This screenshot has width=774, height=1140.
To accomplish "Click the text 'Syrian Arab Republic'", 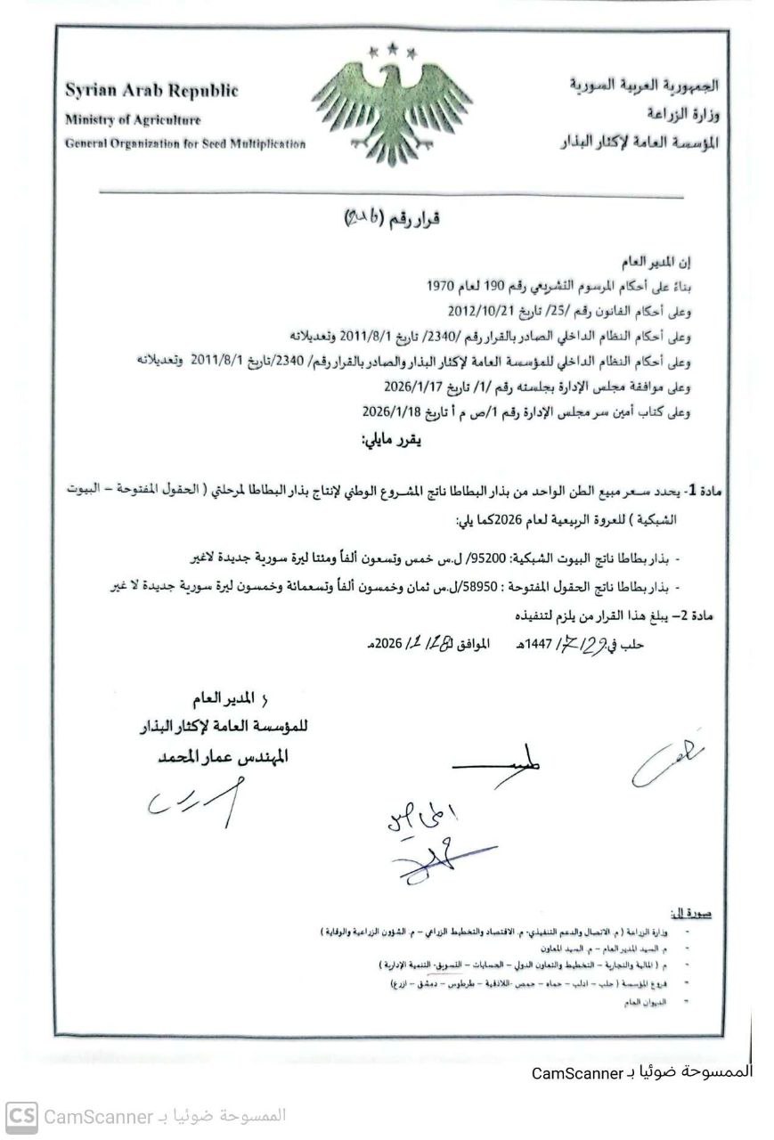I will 151,91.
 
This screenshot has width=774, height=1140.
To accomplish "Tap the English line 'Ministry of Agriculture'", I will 132,120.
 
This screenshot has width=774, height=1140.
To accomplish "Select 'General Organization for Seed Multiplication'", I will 184,144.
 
